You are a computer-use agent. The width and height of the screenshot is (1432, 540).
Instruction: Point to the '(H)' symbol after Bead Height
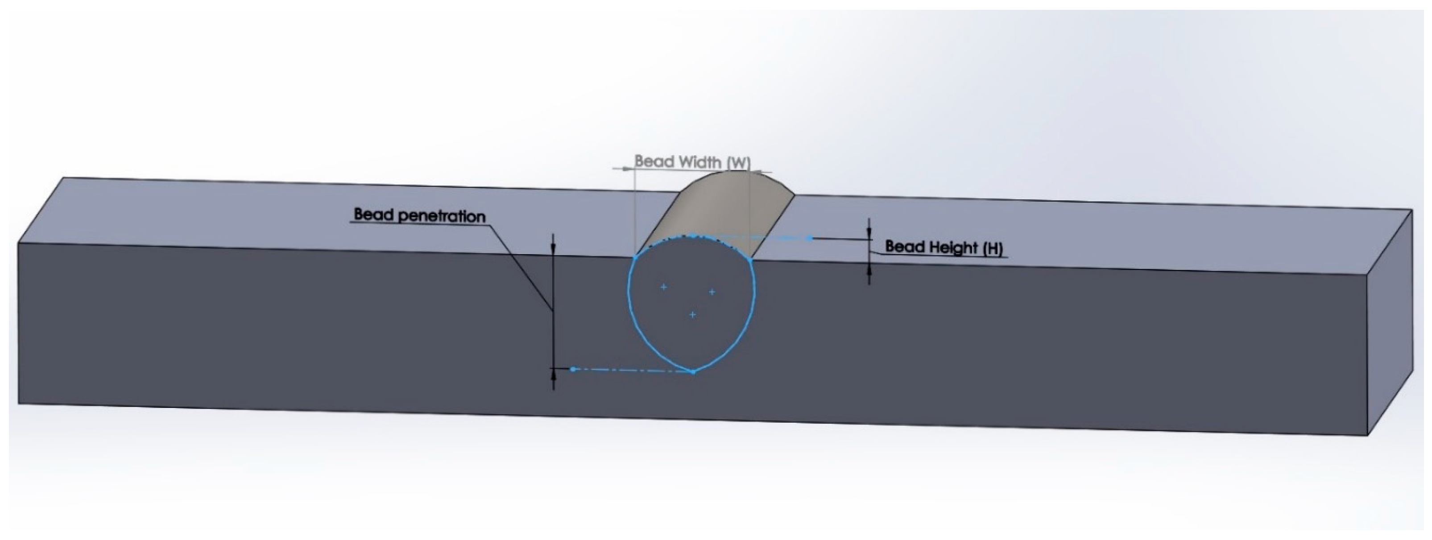click(992, 248)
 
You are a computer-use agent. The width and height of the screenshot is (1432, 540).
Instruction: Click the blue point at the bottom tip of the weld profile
click(693, 371)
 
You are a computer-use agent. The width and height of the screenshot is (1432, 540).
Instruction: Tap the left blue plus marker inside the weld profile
click(663, 287)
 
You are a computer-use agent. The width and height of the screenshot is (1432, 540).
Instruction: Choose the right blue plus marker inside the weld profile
click(712, 292)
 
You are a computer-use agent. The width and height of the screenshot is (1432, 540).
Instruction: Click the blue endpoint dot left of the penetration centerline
click(573, 369)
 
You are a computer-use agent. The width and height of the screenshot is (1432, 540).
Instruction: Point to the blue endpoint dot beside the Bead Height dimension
click(811, 238)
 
